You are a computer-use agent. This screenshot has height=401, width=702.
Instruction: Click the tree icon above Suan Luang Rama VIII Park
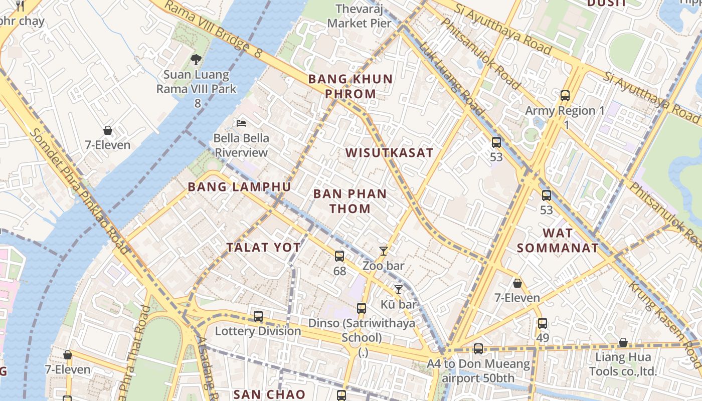[196, 60]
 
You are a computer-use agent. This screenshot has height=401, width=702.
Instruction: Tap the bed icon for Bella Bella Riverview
[241, 123]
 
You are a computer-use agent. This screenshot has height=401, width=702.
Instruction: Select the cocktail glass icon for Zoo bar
[384, 251]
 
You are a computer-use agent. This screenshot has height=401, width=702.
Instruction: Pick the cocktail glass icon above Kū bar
[398, 289]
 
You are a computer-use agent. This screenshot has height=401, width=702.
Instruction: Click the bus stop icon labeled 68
[339, 256]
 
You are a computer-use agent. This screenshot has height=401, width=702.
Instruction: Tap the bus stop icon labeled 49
[542, 323]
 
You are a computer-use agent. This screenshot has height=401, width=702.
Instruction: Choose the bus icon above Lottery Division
[258, 316]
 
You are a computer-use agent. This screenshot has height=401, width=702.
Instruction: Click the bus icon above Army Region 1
[565, 96]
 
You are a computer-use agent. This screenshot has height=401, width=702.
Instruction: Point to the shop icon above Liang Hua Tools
[623, 342]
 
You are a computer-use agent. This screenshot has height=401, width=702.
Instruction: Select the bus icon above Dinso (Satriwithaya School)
[362, 308]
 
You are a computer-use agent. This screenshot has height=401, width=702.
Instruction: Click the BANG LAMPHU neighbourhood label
[239, 187]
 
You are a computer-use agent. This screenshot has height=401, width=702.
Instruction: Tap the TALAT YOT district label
[263, 247]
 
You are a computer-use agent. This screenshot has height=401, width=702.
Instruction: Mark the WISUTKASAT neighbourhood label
[389, 153]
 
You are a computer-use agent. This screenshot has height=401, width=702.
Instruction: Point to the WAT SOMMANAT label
[558, 240]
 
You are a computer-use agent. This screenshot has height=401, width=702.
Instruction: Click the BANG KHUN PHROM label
[350, 86]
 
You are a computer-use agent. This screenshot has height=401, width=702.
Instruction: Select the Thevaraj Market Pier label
[359, 16]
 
